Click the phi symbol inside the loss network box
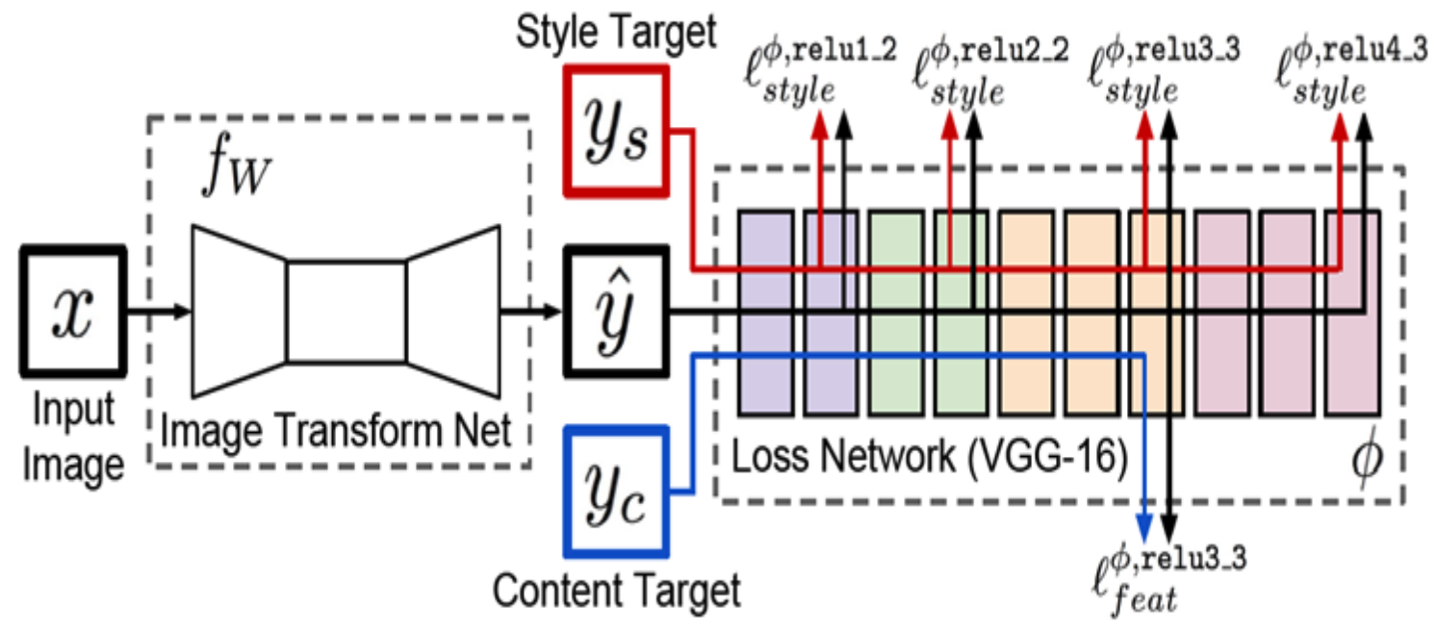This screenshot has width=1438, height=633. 1367,460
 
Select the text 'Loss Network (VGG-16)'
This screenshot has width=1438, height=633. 929,460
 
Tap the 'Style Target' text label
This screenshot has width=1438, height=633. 616,34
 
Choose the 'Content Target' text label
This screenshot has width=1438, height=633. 616,589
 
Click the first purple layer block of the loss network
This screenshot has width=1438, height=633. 764,313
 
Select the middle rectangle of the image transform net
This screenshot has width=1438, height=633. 346,310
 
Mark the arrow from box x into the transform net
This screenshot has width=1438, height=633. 159,310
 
